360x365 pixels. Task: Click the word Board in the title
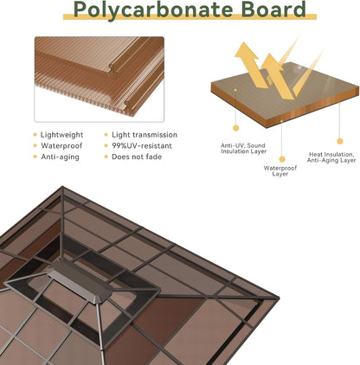pyautogui.click(x=273, y=9)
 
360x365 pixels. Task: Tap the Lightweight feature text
pyautogui.click(x=61, y=135)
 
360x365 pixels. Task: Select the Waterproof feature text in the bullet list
pyautogui.click(x=61, y=146)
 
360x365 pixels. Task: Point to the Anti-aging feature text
pyautogui.click(x=60, y=157)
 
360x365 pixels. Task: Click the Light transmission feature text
pyautogui.click(x=145, y=135)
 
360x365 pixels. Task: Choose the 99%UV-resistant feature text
pyautogui.click(x=142, y=146)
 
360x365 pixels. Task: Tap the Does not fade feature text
pyautogui.click(x=137, y=157)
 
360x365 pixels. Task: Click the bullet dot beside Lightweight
pyautogui.click(x=35, y=135)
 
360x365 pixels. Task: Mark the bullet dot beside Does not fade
pyautogui.click(x=106, y=157)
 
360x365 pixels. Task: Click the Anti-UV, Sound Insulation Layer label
pyautogui.click(x=244, y=148)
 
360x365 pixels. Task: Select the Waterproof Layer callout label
pyautogui.click(x=280, y=171)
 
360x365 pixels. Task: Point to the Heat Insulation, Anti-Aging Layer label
pyautogui.click(x=331, y=157)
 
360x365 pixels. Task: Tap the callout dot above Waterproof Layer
pyautogui.click(x=282, y=159)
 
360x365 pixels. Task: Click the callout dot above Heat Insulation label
pyautogui.click(x=340, y=141)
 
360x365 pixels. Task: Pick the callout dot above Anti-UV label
pyautogui.click(x=236, y=128)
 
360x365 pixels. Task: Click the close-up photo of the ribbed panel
pyautogui.click(x=100, y=80)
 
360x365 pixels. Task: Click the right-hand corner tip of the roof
pyautogui.click(x=279, y=298)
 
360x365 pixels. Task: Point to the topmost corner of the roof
pyautogui.click(x=62, y=187)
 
